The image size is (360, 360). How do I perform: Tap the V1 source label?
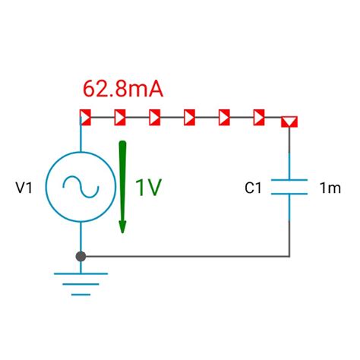pyautogui.click(x=24, y=187)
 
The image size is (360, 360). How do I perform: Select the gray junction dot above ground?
pyautogui.click(x=81, y=257)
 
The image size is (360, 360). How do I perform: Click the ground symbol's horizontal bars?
pyautogui.click(x=81, y=284)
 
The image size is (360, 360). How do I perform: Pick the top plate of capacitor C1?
pyautogui.click(x=289, y=181)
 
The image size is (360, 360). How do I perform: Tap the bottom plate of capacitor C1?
pyautogui.click(x=289, y=194)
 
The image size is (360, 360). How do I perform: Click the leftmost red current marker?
pyautogui.click(x=86, y=118)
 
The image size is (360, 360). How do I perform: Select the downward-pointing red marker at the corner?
pyautogui.click(x=289, y=120)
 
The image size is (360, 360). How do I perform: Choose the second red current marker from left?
pyautogui.click(x=120, y=118)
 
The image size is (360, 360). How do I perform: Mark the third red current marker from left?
pyautogui.click(x=155, y=118)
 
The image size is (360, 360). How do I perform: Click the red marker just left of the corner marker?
pyautogui.click(x=259, y=118)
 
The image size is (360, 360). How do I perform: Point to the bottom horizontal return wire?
pyautogui.click(x=190, y=257)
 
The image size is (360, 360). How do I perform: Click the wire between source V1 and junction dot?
pyautogui.click(x=81, y=237)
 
